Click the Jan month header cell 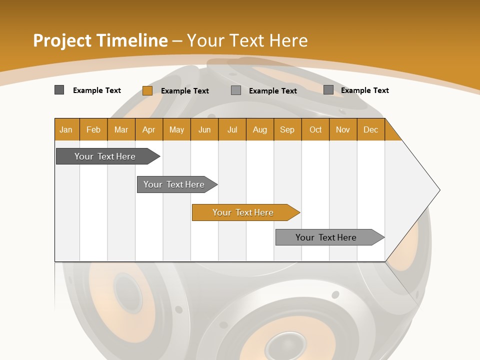click(x=66, y=129)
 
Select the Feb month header click(x=93, y=129)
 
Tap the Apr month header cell click(x=149, y=129)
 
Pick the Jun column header click(x=204, y=129)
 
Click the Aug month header click(x=260, y=129)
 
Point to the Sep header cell click(x=287, y=129)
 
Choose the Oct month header click(x=315, y=129)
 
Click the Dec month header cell click(x=371, y=129)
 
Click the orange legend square click(x=147, y=90)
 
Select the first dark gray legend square click(x=59, y=90)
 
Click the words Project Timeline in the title click(x=100, y=40)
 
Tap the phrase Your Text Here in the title click(x=247, y=40)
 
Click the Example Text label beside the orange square click(x=185, y=90)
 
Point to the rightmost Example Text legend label click(x=365, y=90)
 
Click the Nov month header click(x=343, y=129)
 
